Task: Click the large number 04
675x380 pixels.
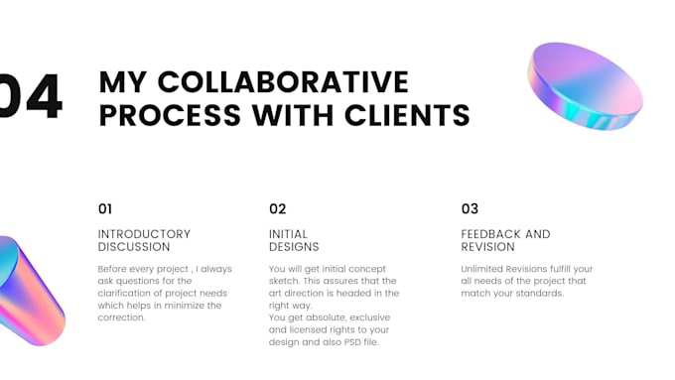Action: [30, 95]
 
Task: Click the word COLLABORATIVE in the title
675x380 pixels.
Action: [283, 81]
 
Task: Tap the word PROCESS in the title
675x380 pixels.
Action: [170, 115]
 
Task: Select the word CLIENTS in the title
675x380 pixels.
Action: [407, 115]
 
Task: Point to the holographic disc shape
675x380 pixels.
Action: [585, 86]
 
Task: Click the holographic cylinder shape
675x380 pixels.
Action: [28, 291]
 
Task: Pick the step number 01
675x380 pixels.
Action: [105, 208]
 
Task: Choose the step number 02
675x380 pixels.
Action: [277, 208]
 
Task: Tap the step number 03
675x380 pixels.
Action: [470, 208]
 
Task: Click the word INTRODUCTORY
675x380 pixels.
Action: [144, 234]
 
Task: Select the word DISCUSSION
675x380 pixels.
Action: [134, 247]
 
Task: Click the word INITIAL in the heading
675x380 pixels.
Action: [289, 234]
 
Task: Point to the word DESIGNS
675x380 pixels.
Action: [294, 247]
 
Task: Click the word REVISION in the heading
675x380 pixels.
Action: [487, 247]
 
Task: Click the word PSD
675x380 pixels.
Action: [351, 342]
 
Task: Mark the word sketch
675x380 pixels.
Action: [284, 281]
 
